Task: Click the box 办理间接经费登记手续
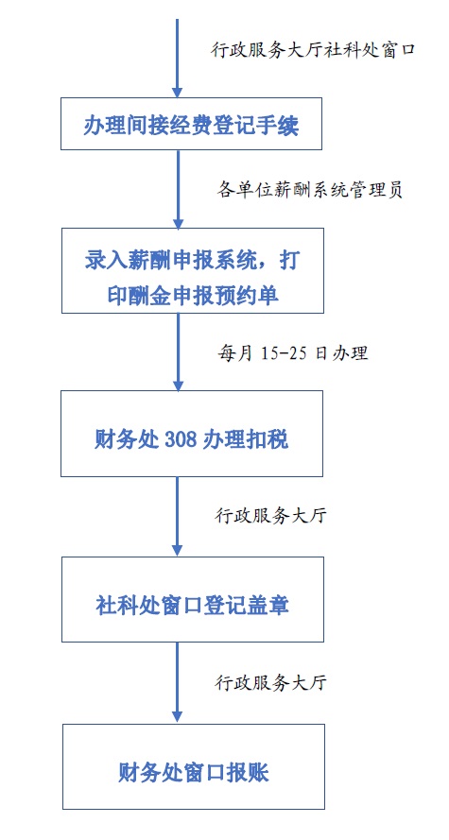[x=191, y=124]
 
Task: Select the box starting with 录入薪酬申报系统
[x=192, y=270]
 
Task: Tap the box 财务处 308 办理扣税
[x=192, y=434]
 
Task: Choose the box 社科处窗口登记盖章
[x=192, y=599]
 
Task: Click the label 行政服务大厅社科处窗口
[x=314, y=50]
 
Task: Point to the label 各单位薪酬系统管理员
[x=310, y=190]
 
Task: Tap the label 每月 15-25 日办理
[x=292, y=352]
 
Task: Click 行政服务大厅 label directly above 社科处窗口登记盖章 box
[x=270, y=515]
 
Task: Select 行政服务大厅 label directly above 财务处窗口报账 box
[x=270, y=681]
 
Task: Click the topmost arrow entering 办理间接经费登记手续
[x=178, y=58]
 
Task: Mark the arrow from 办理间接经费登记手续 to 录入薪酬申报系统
[x=179, y=189]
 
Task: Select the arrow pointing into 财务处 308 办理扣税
[x=178, y=351]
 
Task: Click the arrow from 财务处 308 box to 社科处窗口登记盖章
[x=178, y=517]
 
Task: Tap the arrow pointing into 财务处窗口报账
[x=178, y=683]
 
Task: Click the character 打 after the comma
[x=287, y=262]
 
